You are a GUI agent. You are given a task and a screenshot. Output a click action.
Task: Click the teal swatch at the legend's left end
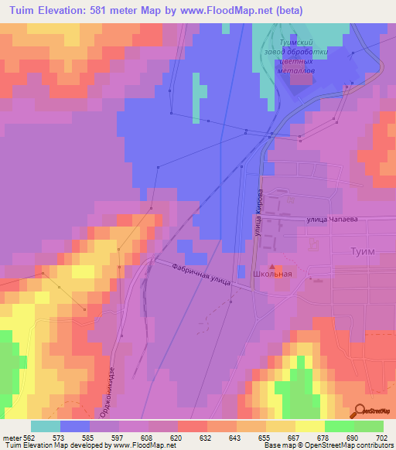point(46,426)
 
